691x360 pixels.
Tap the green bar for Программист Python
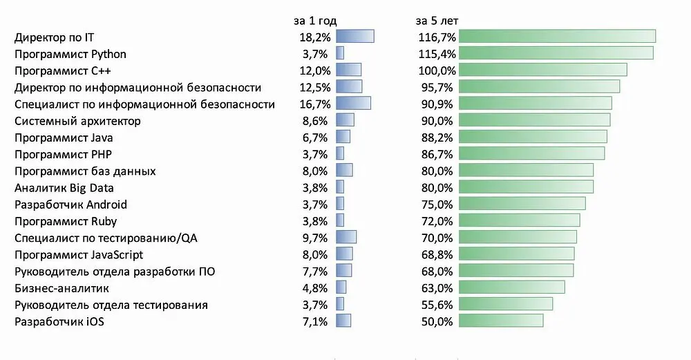556,54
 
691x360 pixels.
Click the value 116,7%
437,37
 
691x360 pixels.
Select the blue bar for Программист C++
348,70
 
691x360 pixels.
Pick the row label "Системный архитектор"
77,121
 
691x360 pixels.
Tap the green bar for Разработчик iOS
501,321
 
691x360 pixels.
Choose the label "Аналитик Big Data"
64,188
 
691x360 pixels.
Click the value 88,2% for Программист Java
438,138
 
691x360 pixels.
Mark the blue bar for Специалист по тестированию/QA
346,238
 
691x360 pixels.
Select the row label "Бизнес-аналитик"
61,288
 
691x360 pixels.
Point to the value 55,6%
438,305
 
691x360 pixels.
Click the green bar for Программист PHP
531,154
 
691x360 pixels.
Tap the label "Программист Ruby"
66,221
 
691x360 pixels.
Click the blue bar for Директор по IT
354,37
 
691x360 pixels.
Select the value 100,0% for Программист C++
437,70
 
